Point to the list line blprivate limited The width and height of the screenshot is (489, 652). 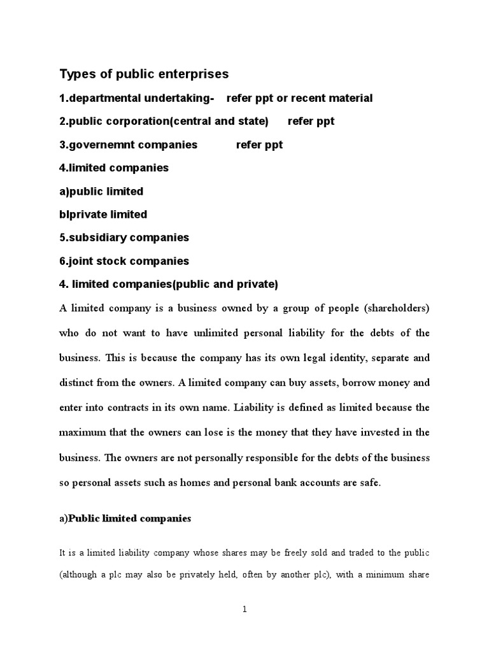[103, 215]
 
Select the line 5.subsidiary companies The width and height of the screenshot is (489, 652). [124, 237]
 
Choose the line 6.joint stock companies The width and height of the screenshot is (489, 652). [124, 261]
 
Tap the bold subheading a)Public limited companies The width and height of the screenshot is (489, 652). [125, 519]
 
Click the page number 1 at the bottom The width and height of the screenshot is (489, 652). [244, 609]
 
